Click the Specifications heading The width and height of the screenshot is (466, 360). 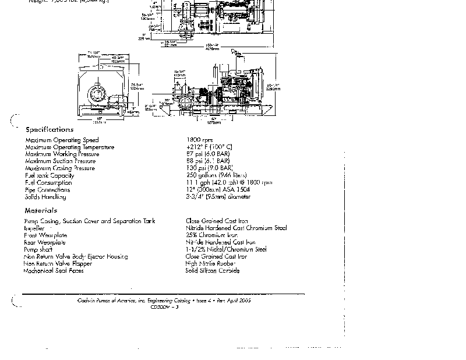[50, 129]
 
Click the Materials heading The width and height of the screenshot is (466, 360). [41, 210]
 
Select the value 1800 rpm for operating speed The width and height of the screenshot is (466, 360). [199, 140]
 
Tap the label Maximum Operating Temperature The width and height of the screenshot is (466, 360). [70, 147]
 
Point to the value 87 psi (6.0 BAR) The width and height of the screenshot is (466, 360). [208, 154]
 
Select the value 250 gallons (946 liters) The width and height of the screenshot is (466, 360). [216, 175]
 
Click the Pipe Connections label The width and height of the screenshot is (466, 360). [47, 189]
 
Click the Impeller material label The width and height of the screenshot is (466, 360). [34, 228]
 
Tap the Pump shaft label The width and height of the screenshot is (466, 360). [38, 249]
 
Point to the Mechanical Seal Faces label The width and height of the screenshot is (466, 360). [54, 271]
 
